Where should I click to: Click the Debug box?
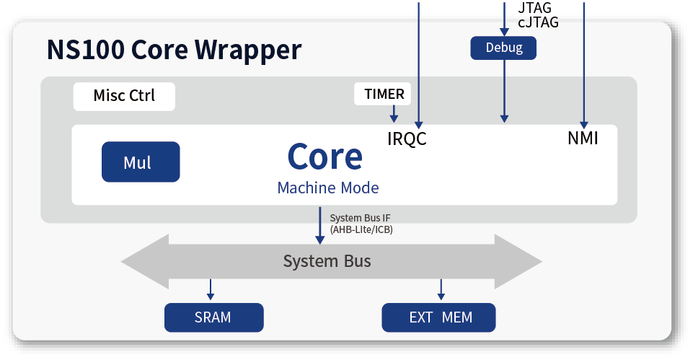click(x=503, y=48)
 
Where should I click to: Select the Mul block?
click(x=141, y=162)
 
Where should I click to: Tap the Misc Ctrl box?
click(x=124, y=97)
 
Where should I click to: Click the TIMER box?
click(x=382, y=94)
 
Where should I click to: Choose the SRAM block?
click(x=214, y=317)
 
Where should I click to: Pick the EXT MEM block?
click(x=438, y=317)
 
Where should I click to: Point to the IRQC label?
click(x=407, y=139)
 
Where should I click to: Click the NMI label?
click(x=583, y=139)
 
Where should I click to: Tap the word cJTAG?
click(x=538, y=22)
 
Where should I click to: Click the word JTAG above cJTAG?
click(x=535, y=8)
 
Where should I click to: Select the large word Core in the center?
click(x=325, y=157)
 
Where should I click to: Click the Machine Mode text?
click(x=328, y=188)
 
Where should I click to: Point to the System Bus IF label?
click(x=360, y=218)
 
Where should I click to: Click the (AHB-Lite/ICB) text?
click(x=361, y=229)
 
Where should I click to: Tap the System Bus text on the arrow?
click(x=327, y=261)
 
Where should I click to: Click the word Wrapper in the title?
click(x=248, y=50)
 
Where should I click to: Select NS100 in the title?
click(x=86, y=50)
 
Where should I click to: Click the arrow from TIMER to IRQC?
click(x=394, y=114)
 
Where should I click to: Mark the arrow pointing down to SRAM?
click(x=211, y=290)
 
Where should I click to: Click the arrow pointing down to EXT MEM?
click(x=441, y=290)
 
